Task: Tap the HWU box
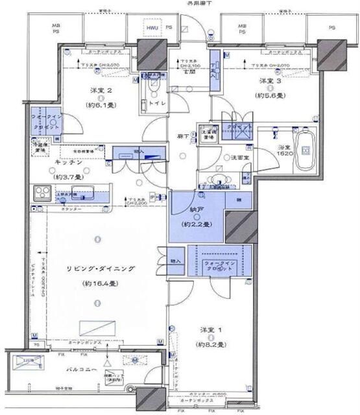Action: (152, 29)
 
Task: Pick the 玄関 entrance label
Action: (189, 73)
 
